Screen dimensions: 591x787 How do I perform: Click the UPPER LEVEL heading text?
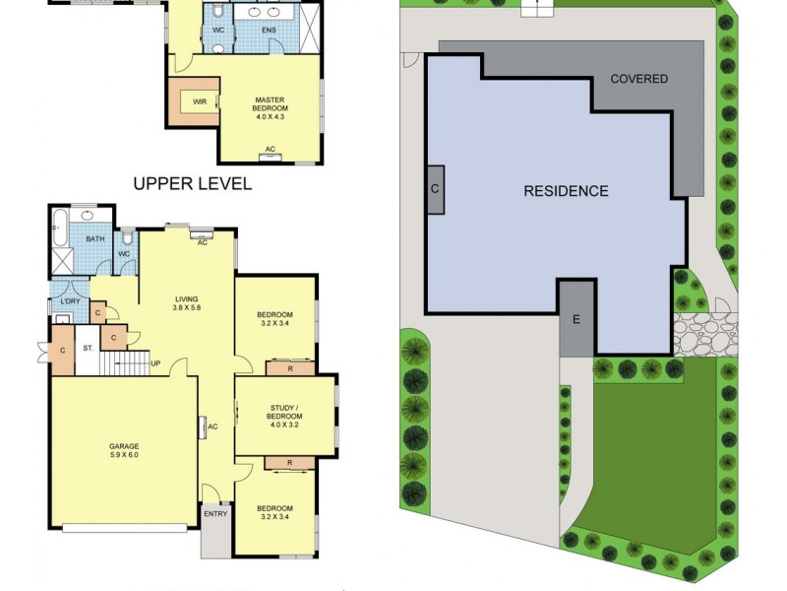click(193, 183)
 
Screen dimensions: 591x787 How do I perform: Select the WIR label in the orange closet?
click(200, 101)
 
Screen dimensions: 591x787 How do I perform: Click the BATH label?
click(94, 239)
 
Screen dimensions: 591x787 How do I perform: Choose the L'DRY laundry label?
click(70, 300)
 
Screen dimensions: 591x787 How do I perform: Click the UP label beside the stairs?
click(155, 362)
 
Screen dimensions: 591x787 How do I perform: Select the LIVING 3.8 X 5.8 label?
click(187, 304)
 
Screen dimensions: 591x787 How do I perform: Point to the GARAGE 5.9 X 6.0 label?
click(124, 452)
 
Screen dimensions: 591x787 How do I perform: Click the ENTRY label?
click(215, 513)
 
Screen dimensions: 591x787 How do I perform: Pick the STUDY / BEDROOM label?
click(285, 415)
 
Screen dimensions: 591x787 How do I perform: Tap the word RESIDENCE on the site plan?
click(566, 191)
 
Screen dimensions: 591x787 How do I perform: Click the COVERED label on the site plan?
click(639, 79)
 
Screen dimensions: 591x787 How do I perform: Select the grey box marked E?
click(576, 318)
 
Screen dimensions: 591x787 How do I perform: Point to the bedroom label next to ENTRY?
click(275, 512)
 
